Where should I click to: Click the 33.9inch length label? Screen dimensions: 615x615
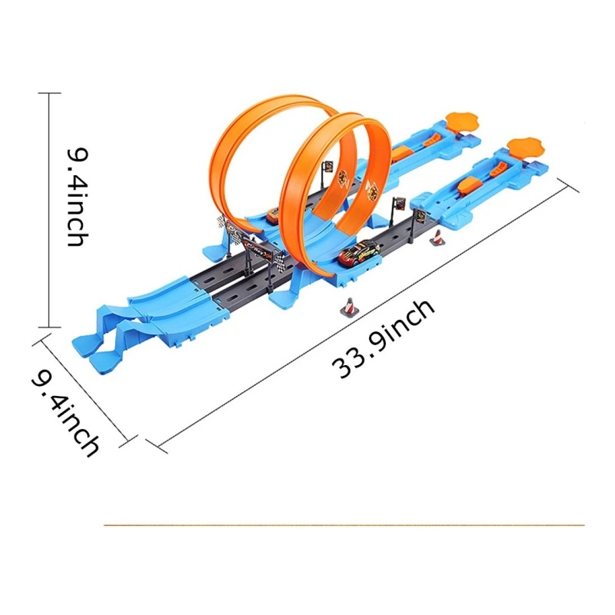click(383, 339)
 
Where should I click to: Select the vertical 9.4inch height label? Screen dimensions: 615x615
click(78, 197)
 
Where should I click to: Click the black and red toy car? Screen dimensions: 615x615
click(360, 254)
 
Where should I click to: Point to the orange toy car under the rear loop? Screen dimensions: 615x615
click(273, 216)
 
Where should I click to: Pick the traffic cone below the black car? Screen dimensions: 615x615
click(349, 306)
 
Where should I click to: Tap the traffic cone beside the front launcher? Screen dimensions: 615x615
click(437, 238)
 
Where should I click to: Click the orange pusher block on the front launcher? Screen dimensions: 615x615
click(471, 184)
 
